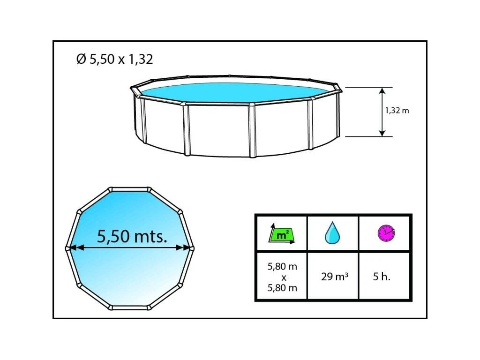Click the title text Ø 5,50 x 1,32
click(x=114, y=59)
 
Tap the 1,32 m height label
click(x=397, y=111)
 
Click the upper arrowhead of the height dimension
click(x=382, y=91)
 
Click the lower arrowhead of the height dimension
click(x=382, y=133)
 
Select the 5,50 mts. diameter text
click(x=132, y=236)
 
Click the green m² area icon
click(x=282, y=234)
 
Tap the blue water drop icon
click(x=332, y=233)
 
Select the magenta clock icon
click(x=386, y=233)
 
